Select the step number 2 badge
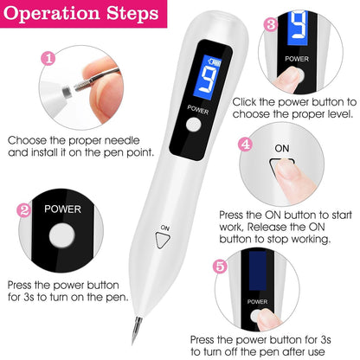[23, 210]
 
